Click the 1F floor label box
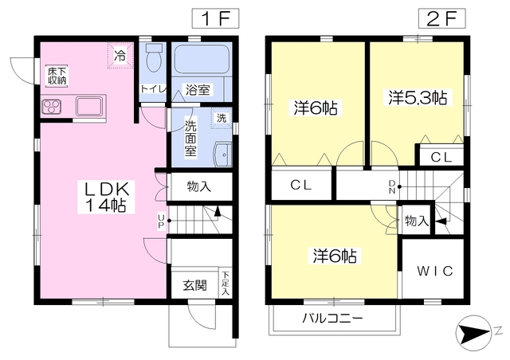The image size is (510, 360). [x=215, y=18]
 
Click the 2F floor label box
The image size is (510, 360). [x=441, y=18]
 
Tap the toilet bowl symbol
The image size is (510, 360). [x=154, y=58]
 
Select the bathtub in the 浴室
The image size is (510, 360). [x=202, y=59]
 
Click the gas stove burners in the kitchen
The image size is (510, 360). [x=52, y=107]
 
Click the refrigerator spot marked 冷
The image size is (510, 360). [x=120, y=55]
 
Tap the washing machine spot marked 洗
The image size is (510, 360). [x=222, y=118]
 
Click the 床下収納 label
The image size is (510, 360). [x=57, y=76]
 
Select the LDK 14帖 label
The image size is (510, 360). [x=106, y=197]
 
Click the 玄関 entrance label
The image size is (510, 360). [x=194, y=285]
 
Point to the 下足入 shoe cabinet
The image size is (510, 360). [x=226, y=283]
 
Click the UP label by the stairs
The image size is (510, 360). [x=161, y=221]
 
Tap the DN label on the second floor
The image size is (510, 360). [x=392, y=186]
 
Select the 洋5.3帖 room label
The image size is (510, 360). [x=418, y=97]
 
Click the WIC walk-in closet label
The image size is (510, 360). [x=435, y=271]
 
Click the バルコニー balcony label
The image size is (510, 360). [x=332, y=318]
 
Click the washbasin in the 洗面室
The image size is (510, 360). [x=223, y=155]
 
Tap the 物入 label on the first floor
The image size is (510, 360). [x=198, y=186]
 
